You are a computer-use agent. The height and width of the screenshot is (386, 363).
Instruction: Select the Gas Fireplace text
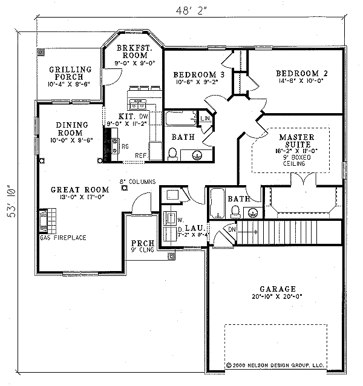(x=63, y=238)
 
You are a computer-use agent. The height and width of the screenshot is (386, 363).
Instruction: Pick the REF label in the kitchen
(x=142, y=155)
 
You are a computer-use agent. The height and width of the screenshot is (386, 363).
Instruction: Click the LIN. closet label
(x=206, y=118)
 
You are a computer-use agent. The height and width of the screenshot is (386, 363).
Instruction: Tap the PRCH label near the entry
(x=139, y=244)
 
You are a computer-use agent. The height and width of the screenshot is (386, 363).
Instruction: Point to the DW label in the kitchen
(x=143, y=115)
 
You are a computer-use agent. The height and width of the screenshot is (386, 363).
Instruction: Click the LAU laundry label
(x=189, y=227)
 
